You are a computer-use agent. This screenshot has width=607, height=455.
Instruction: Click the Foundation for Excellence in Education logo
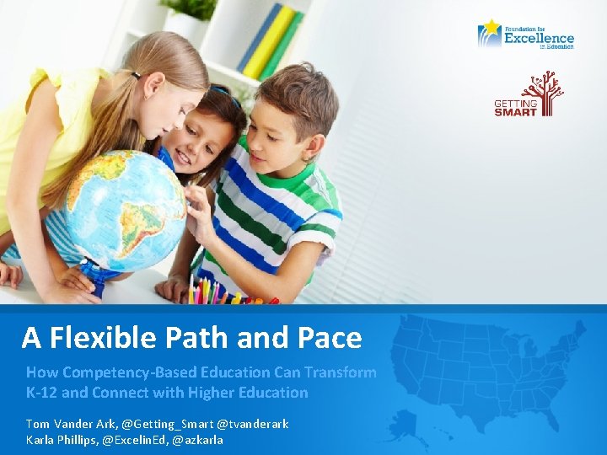tap(525, 35)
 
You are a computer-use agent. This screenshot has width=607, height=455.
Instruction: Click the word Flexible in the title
tap(102, 338)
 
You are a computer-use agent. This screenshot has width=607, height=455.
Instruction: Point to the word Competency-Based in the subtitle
tap(160, 372)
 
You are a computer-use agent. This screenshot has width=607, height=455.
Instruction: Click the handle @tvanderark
tap(253, 424)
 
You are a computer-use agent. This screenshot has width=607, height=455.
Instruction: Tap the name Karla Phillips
tap(62, 440)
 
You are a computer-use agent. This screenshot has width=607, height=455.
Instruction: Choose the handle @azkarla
tap(198, 440)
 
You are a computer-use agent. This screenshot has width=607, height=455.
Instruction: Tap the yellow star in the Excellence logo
tap(490, 28)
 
